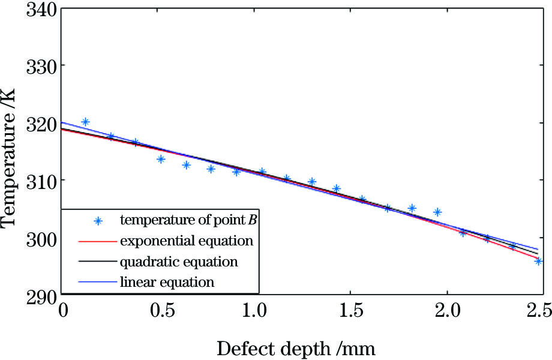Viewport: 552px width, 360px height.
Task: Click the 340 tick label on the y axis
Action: (41, 11)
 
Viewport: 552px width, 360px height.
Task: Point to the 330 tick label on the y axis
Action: (41, 65)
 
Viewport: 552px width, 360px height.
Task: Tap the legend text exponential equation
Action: (186, 241)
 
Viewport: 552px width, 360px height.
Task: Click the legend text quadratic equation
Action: (178, 262)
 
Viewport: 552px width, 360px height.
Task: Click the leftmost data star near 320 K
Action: (85, 122)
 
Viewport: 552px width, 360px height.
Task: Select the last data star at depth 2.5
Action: (538, 260)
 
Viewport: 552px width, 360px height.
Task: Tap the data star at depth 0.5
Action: (161, 159)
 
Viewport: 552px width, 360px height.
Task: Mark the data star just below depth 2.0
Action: (437, 212)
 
